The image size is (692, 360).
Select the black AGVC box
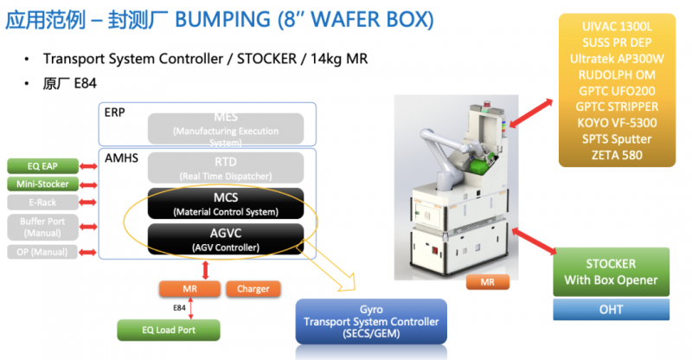click(x=226, y=238)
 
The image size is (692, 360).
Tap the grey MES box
click(x=226, y=128)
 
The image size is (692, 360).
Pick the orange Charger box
click(x=253, y=288)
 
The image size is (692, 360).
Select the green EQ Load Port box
click(x=169, y=329)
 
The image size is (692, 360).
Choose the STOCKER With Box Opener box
click(x=612, y=271)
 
